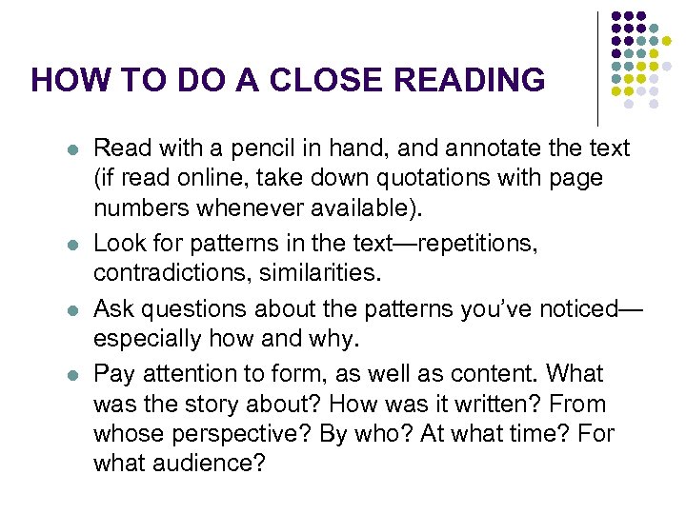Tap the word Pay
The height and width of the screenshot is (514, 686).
pos(115,373)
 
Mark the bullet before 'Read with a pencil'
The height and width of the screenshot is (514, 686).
pos(73,150)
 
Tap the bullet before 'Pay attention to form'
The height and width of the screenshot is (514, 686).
pos(73,375)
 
